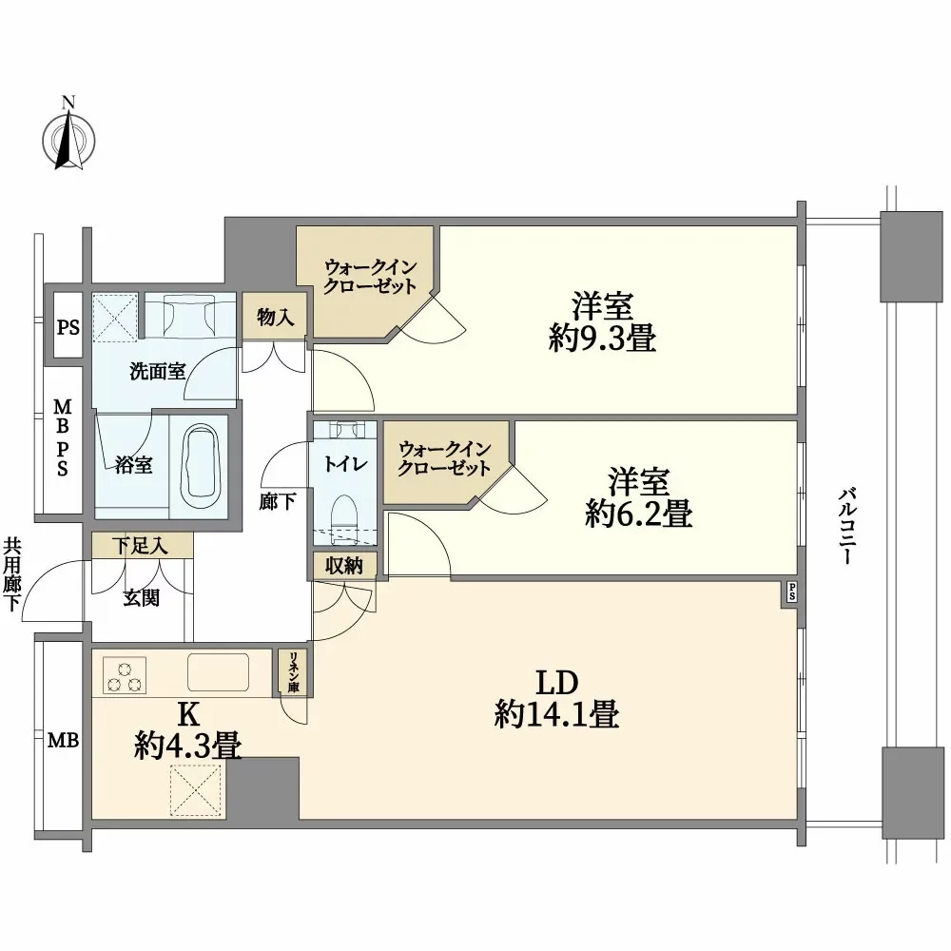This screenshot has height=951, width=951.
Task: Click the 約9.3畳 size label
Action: tap(602, 339)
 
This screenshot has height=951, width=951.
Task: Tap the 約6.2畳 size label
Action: tap(638, 514)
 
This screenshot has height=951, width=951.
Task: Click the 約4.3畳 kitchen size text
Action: tap(186, 747)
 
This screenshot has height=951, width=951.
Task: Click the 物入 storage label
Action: tap(275, 318)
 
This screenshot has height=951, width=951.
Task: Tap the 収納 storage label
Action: tap(346, 566)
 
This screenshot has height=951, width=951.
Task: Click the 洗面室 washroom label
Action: tap(157, 372)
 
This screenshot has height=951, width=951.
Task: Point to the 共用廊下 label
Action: tap(11, 573)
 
